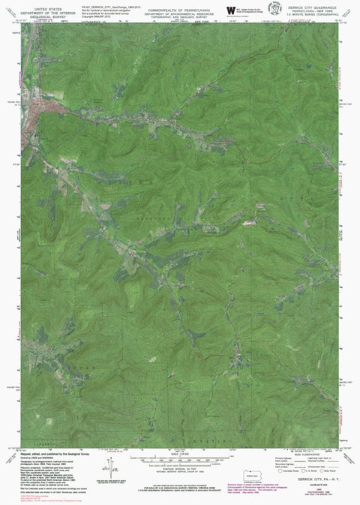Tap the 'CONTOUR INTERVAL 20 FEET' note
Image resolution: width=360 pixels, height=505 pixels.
[x=177, y=467]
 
